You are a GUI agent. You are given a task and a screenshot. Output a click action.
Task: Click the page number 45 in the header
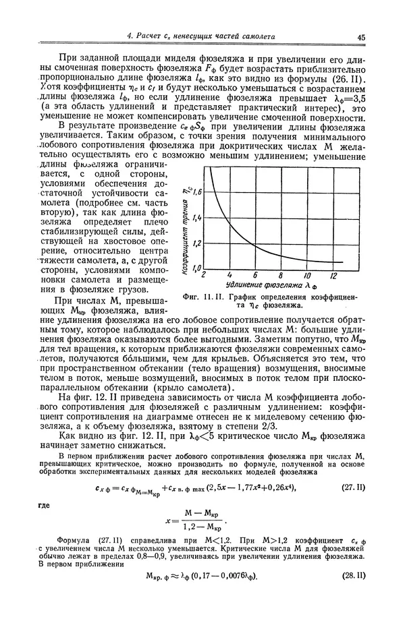361,37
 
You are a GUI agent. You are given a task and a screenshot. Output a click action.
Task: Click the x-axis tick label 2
205,276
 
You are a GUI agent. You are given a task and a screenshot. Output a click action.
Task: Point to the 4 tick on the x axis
230,276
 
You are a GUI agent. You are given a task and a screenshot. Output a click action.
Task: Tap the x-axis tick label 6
255,276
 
